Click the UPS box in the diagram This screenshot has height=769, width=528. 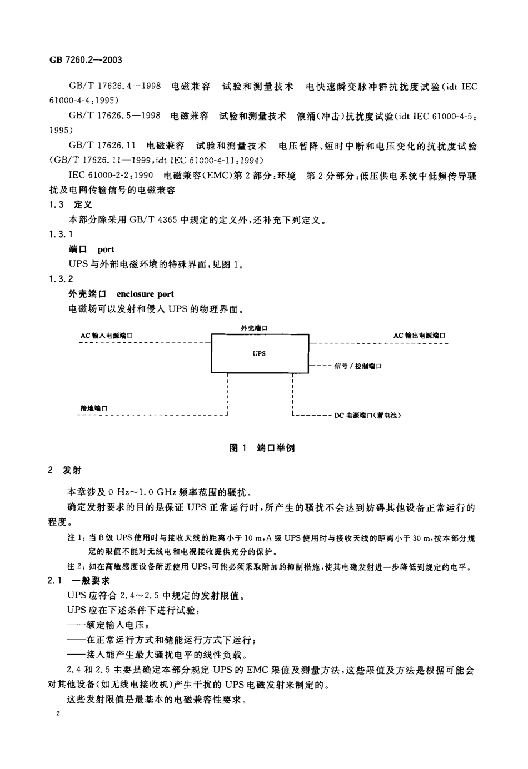coord(259,353)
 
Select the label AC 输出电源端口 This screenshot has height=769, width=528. coord(419,336)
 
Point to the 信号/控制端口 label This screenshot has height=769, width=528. coord(358,366)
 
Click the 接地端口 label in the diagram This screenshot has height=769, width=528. coord(94,408)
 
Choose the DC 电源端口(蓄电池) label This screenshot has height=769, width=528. coord(367,415)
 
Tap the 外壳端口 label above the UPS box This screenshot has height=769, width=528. coord(255,328)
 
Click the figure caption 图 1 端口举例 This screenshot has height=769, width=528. coord(262,448)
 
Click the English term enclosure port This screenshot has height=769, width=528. coord(146,294)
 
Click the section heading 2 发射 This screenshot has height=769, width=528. coord(65,470)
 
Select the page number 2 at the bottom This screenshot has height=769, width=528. coord(58,715)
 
